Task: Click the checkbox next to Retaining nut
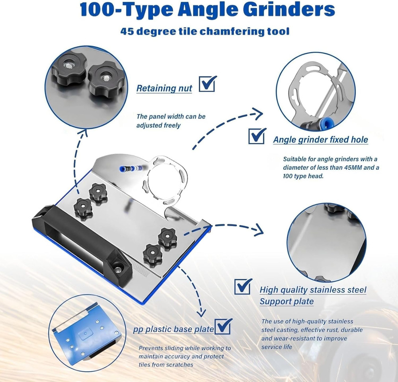(x=207, y=84)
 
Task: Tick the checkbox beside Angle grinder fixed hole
(x=257, y=136)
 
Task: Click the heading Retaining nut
(x=164, y=88)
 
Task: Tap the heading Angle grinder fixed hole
(x=320, y=140)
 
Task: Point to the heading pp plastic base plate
(x=174, y=330)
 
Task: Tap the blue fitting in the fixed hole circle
(x=318, y=124)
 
